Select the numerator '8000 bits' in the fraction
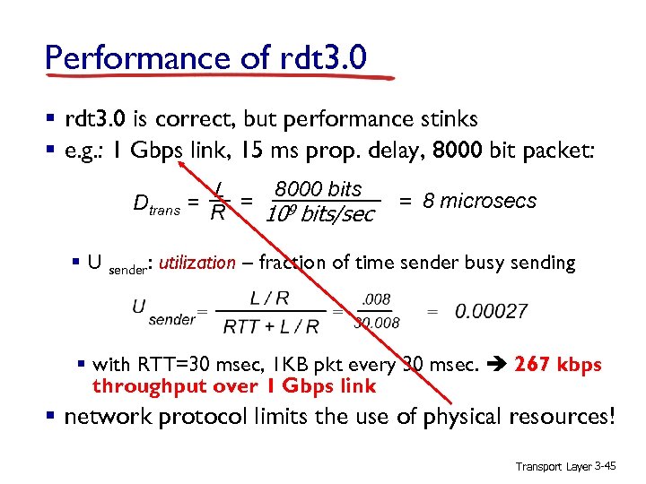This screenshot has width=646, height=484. point(319,189)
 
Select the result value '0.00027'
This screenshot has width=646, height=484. point(491,311)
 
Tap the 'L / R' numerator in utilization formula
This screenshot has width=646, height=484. point(269,298)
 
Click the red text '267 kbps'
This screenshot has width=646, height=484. point(557,365)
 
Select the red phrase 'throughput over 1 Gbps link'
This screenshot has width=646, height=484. point(233,386)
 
